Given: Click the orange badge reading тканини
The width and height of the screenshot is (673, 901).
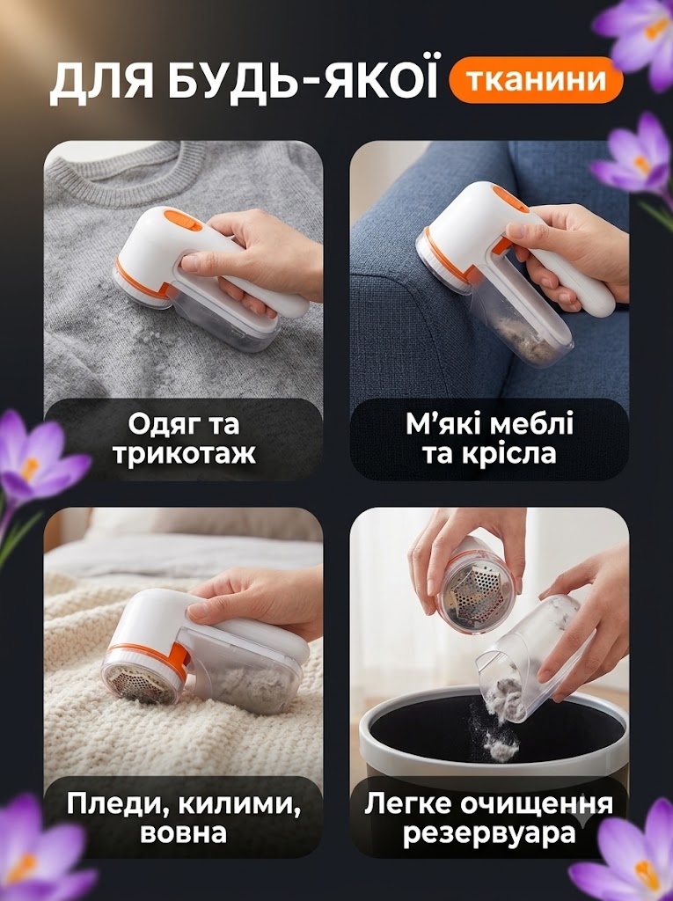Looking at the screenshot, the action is point(536,80).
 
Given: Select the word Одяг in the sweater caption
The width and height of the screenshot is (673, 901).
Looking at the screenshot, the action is point(159,426).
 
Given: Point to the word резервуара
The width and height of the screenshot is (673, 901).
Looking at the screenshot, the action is point(489,833).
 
